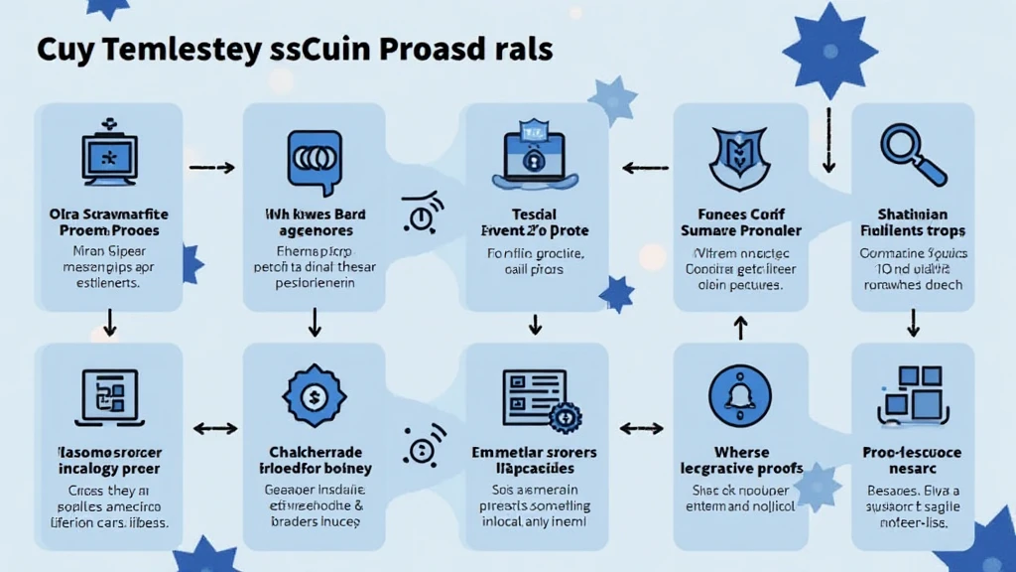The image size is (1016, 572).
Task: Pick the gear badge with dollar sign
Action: (314, 396)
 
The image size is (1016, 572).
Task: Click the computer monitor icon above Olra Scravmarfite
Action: (109, 154)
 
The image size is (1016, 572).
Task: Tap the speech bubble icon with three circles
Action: (314, 157)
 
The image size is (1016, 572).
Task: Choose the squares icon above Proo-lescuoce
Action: (911, 391)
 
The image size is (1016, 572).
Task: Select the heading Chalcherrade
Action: (313, 452)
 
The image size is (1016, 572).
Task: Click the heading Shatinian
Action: (913, 214)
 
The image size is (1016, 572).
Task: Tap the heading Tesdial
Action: (535, 214)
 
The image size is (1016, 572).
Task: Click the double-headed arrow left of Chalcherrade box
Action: (213, 429)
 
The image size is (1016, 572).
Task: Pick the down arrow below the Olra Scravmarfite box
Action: (109, 321)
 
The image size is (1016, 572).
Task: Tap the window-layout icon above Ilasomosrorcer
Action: (108, 395)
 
